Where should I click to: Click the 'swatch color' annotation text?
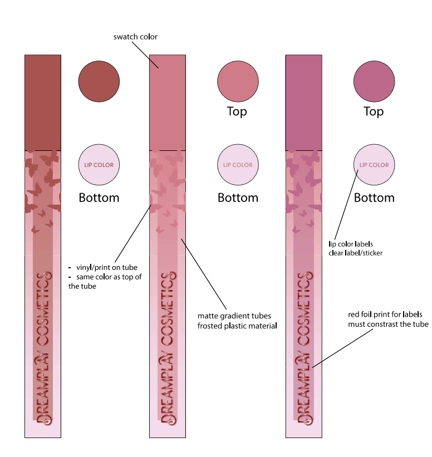[135, 37]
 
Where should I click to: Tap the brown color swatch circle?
[99, 82]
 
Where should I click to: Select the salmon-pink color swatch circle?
[238, 82]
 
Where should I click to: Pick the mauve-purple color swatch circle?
[374, 82]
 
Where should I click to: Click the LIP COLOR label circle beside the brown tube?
[99, 165]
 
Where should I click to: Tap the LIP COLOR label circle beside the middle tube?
[238, 165]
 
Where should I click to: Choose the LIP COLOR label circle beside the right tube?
[374, 165]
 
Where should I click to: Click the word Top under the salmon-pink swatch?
[237, 111]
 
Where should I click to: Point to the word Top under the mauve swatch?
[374, 111]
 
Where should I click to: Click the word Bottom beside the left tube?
[99, 198]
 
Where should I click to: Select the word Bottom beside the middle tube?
[238, 198]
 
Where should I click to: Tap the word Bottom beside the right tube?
[374, 198]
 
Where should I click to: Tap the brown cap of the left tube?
[43, 102]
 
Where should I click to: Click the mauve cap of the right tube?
[303, 102]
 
